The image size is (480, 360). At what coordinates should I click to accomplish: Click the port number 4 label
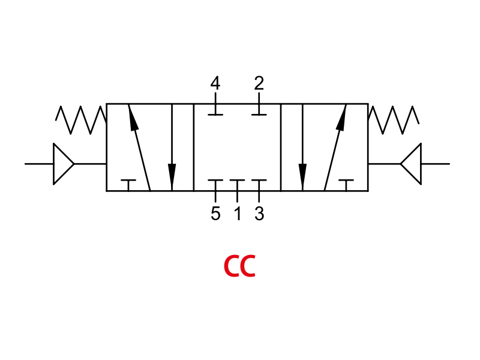215,83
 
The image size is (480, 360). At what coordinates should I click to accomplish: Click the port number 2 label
259,83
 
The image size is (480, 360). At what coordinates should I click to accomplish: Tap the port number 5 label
215,214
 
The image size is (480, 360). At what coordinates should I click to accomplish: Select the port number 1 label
238,214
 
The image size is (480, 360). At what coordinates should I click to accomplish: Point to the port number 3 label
259,214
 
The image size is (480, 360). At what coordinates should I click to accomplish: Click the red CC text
239,266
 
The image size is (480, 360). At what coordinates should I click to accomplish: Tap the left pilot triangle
64,164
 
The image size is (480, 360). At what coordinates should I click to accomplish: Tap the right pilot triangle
411,164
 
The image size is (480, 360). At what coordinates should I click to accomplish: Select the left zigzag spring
80,120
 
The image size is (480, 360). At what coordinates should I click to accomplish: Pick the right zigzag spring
394,120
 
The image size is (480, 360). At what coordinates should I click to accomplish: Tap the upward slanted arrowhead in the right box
341,118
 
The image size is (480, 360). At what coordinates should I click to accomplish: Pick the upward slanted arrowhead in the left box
133,118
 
